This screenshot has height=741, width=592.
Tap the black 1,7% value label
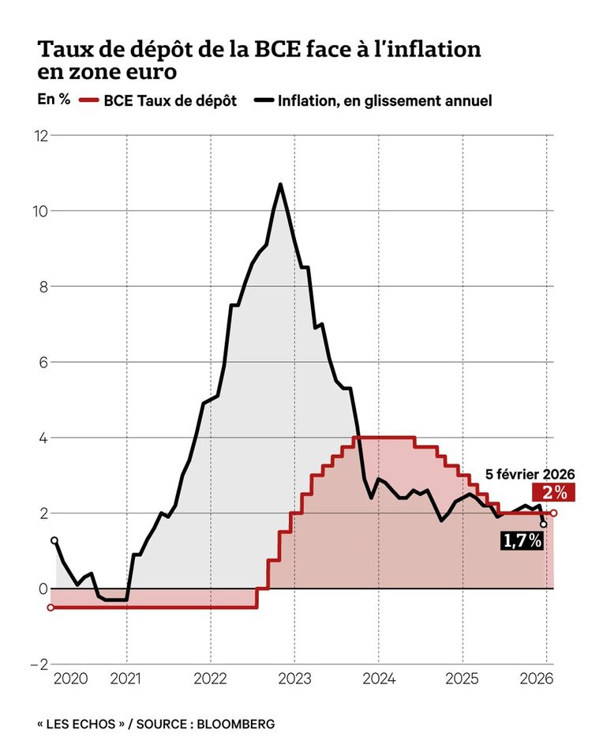pyautogui.click(x=522, y=540)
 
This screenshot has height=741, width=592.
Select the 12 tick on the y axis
pyautogui.click(x=39, y=136)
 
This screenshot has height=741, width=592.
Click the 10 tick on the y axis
pyautogui.click(x=39, y=211)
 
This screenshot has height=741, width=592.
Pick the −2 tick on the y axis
pyautogui.click(x=36, y=664)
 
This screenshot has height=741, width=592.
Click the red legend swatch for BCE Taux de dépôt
pyautogui.click(x=88, y=101)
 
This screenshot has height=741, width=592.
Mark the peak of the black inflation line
pyautogui.click(x=280, y=184)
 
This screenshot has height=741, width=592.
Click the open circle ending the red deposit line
pyautogui.click(x=553, y=513)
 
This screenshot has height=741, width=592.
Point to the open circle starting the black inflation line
pyautogui.click(x=54, y=540)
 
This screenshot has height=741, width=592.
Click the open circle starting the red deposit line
pyautogui.click(x=51, y=607)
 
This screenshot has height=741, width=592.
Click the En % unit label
pyautogui.click(x=52, y=100)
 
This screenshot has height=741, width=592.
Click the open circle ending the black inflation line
pyautogui.click(x=543, y=524)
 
